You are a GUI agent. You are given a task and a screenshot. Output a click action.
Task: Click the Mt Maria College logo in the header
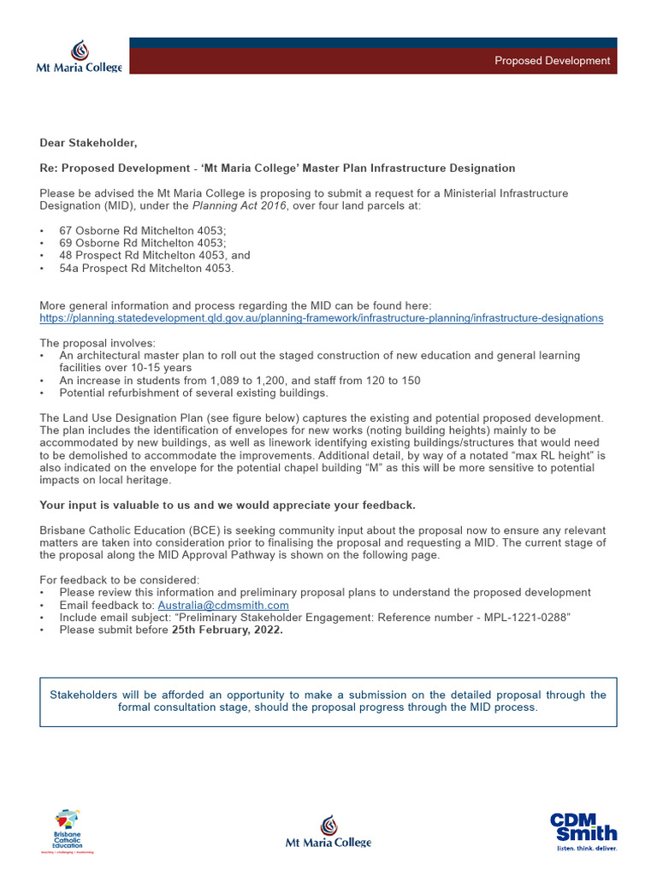[79, 56]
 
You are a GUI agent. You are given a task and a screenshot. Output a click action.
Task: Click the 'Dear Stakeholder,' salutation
[88, 143]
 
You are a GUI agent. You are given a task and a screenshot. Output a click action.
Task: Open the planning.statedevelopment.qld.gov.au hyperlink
[321, 317]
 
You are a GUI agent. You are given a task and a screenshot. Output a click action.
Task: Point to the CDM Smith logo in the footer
[583, 830]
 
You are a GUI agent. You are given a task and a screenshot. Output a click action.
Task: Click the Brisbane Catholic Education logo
[68, 830]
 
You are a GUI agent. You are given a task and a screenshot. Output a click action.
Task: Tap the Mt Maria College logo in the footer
[328, 832]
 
